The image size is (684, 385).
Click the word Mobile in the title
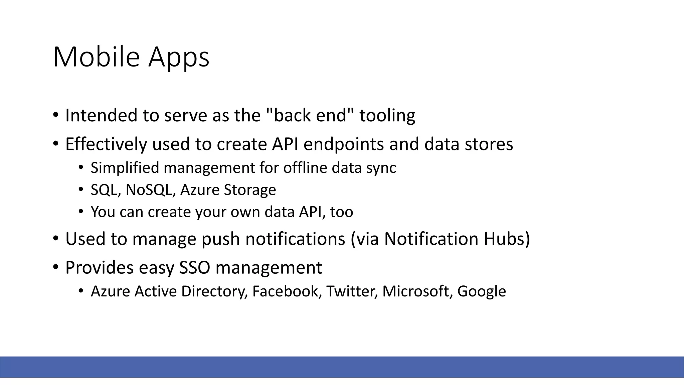[96, 57]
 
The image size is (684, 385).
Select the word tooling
[387, 115]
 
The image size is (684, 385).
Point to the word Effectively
[106, 144]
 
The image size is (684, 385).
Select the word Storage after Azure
[250, 190]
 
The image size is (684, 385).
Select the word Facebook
[287, 291]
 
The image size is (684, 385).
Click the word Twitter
[352, 291]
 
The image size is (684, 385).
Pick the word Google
[481, 291]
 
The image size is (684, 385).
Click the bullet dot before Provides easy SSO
[55, 268]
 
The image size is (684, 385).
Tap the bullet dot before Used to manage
[55, 239]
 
